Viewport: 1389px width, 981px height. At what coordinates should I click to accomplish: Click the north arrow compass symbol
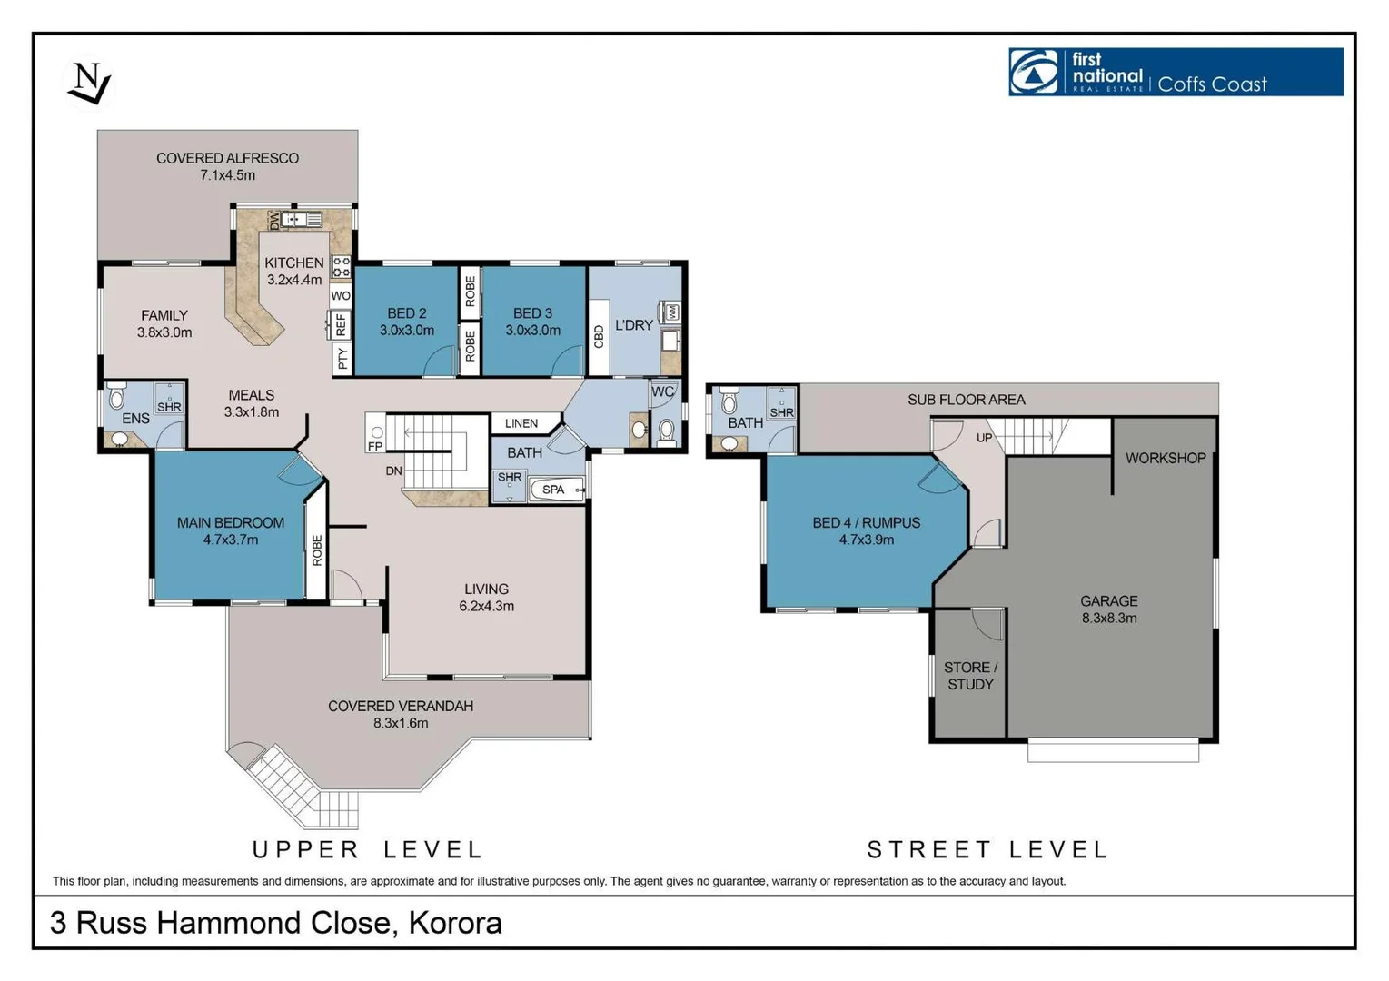tap(89, 83)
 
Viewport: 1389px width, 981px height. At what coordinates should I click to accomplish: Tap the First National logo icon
tap(1034, 72)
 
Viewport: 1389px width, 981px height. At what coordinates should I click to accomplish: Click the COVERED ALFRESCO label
tap(228, 158)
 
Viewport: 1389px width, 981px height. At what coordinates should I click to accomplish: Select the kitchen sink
tap(302, 219)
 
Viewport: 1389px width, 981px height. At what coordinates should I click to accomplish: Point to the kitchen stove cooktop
tap(341, 267)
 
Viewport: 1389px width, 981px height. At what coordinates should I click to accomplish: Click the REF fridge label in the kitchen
tap(341, 324)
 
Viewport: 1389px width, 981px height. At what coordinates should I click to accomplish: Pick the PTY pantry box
tap(342, 358)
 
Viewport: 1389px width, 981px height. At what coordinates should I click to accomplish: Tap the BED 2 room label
tap(407, 313)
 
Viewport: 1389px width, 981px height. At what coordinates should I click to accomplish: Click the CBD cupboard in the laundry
tap(599, 337)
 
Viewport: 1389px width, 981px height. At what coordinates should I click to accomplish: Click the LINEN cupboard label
tap(521, 423)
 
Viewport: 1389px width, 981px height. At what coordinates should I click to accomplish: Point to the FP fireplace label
tap(375, 446)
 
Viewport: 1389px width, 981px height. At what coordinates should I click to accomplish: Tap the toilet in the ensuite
tap(116, 396)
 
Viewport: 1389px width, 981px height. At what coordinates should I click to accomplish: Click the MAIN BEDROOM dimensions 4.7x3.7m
tap(231, 540)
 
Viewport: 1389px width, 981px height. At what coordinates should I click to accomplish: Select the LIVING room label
tap(487, 589)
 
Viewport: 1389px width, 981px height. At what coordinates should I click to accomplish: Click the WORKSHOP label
tap(1166, 458)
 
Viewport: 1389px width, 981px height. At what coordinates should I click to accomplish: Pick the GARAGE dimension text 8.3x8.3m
tap(1109, 618)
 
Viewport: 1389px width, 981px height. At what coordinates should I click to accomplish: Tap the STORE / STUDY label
tap(971, 675)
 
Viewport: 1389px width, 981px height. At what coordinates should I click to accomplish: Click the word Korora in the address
tap(455, 923)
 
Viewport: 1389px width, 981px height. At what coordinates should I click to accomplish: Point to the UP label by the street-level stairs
tap(984, 438)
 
